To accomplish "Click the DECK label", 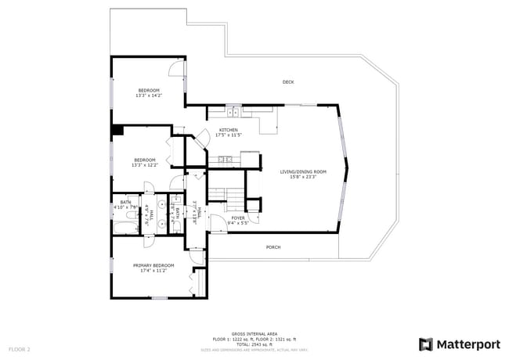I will pos(288,81).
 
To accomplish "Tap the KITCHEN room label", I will pos(228,130).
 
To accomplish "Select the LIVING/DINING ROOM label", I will pos(303,171).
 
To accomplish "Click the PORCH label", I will pos(273,247).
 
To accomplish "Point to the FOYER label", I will pos(237,218).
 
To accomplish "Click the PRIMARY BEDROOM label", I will pos(153,265).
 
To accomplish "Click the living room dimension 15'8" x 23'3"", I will pos(303,177).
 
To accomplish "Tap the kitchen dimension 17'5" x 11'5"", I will pos(228,135).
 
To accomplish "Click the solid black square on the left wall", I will pos(117,131).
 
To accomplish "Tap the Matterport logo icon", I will pos(425,344).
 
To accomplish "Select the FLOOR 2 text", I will pos(20,348).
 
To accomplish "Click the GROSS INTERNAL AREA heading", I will pos(254,333).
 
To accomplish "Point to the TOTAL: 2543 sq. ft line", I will pos(254,344).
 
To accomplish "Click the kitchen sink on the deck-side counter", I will pos(234,108).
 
